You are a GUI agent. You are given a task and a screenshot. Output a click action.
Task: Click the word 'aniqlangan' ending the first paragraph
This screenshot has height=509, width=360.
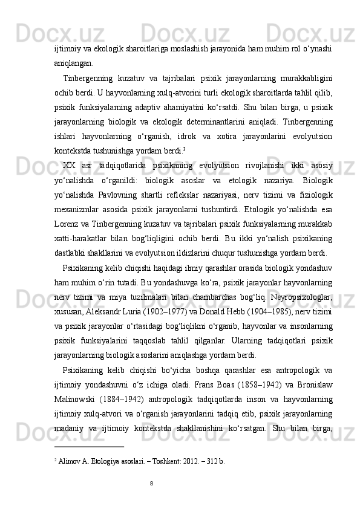(73, 62)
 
